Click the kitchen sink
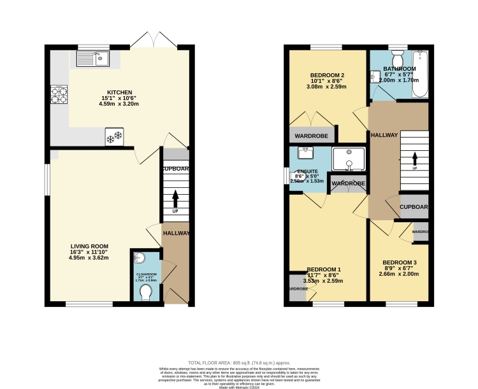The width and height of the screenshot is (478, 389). [92, 59]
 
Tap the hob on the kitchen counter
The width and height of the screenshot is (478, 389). [59, 95]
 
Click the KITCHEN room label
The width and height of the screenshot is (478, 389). [119, 93]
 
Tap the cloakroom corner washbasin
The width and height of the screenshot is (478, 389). [140, 258]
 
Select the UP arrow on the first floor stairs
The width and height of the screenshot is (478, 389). [415, 157]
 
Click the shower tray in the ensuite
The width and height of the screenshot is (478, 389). [349, 159]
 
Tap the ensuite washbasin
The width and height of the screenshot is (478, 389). [305, 152]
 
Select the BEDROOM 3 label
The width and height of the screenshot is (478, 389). [400, 262]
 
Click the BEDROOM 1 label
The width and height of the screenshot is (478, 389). [324, 269]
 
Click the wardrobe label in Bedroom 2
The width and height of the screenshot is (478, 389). [312, 135]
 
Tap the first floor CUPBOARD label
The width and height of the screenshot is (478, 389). [413, 207]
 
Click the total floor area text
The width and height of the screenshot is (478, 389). [239, 360]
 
